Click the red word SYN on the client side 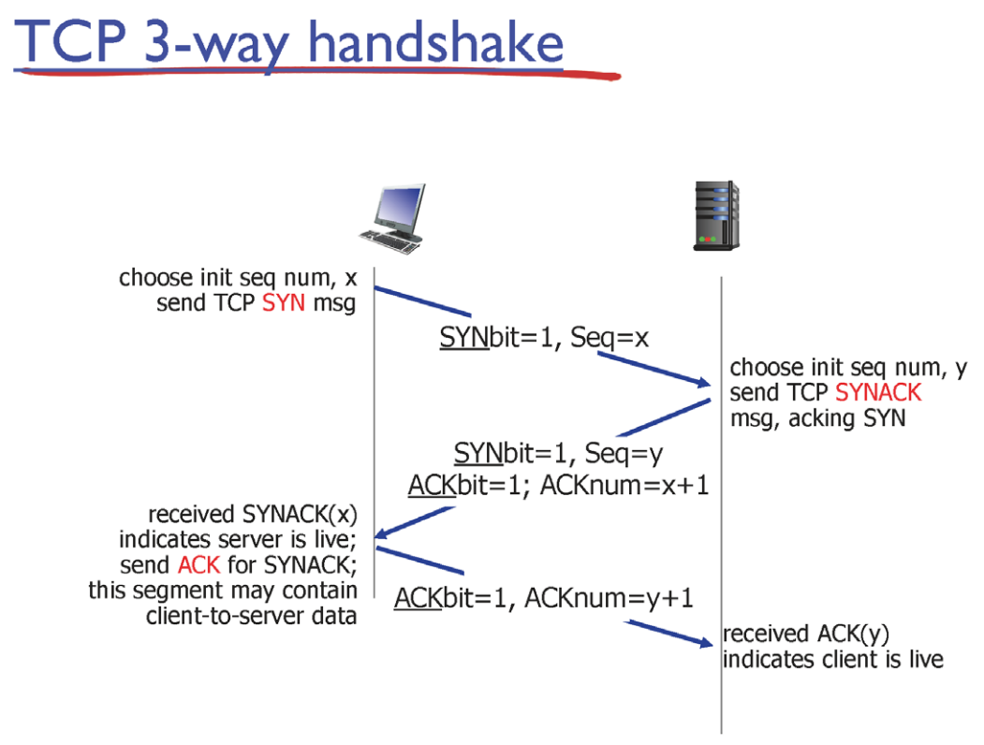284,304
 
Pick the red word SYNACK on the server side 878,392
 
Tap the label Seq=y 624,454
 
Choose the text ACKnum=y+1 609,597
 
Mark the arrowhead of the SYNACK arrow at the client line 383,534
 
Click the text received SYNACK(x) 253,514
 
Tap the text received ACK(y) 805,634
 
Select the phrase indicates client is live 832,659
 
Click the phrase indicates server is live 238,540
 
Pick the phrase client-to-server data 252,617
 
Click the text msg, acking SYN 817,417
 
